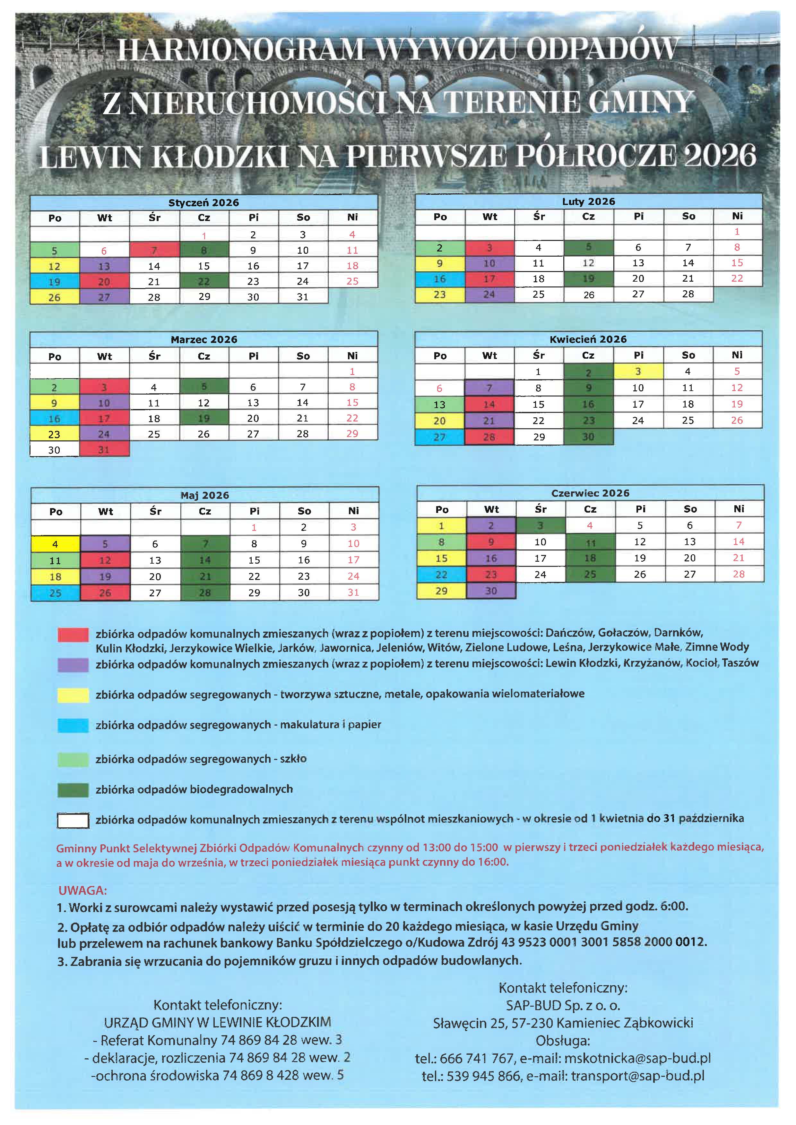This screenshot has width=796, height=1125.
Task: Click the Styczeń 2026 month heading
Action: pyautogui.click(x=203, y=202)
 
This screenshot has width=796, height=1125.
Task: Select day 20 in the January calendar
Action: pyautogui.click(x=104, y=282)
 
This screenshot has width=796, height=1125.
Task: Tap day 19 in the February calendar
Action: pyautogui.click(x=588, y=279)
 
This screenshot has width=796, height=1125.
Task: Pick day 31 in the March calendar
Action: pyautogui.click(x=104, y=449)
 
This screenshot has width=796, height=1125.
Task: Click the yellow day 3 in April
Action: pyautogui.click(x=638, y=371)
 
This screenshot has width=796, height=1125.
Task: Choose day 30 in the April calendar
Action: pyautogui.click(x=588, y=437)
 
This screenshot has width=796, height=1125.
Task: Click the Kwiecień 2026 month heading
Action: pyautogui.click(x=588, y=339)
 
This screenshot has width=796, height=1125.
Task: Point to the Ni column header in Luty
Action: pyautogui.click(x=737, y=216)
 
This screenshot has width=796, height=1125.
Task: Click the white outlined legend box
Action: pyautogui.click(x=73, y=820)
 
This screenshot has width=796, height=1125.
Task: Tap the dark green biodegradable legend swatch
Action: pyautogui.click(x=73, y=790)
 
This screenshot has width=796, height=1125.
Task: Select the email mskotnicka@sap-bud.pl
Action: pyautogui.click(x=637, y=1058)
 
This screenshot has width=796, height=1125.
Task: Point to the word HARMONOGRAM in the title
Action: pyautogui.click(x=240, y=50)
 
